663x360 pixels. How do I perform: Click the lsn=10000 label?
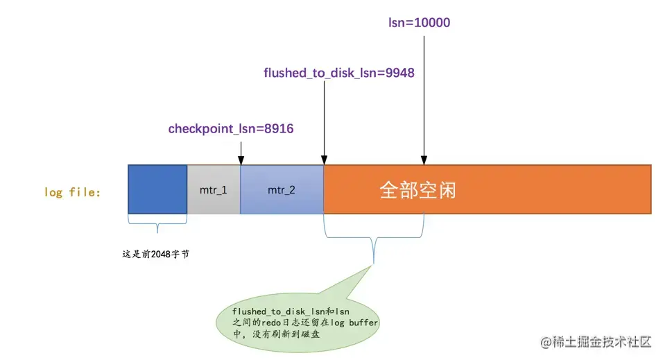point(419,23)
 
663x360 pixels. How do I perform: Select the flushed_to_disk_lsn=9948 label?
point(339,73)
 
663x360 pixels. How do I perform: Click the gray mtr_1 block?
point(214,189)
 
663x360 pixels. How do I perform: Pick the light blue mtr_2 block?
point(282,189)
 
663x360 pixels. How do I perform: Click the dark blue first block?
point(157,189)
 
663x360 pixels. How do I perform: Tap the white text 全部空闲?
point(417,189)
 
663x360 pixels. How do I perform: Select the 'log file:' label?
point(73,191)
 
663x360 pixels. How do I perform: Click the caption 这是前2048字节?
point(156,255)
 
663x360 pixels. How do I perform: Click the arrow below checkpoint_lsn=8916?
point(241,151)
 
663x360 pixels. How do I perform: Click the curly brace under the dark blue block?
point(157,225)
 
